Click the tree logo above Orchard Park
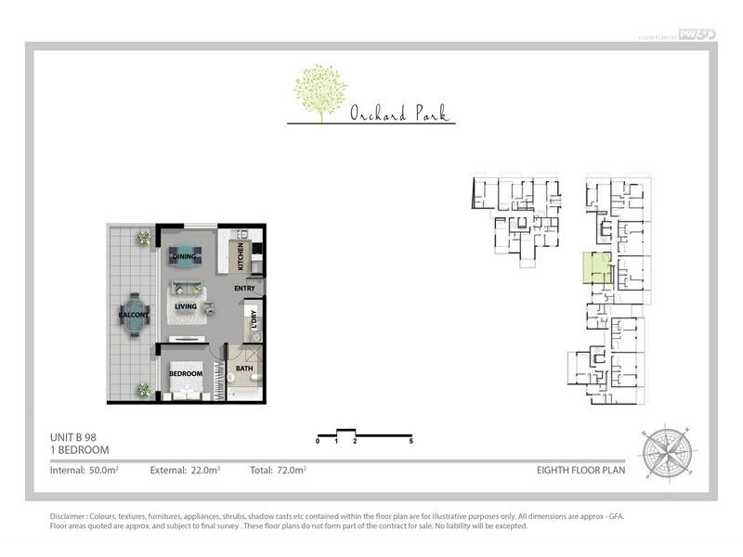pyautogui.click(x=320, y=92)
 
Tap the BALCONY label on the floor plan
pyautogui.click(x=134, y=316)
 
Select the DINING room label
pyautogui.click(x=183, y=257)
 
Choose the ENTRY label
pyautogui.click(x=244, y=289)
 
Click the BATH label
pyautogui.click(x=244, y=369)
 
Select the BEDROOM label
pyautogui.click(x=185, y=373)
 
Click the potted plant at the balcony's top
pyautogui.click(x=144, y=238)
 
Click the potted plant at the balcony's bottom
pyautogui.click(x=144, y=390)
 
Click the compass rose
pyautogui.click(x=665, y=450)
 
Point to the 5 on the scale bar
pyautogui.click(x=411, y=442)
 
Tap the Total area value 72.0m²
pyautogui.click(x=291, y=471)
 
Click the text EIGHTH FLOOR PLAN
pyautogui.click(x=580, y=471)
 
